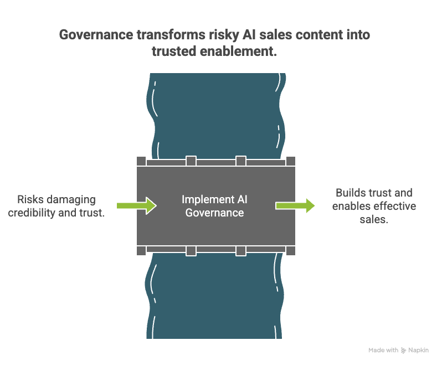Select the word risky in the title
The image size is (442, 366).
click(224, 35)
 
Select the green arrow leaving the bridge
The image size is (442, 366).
click(296, 206)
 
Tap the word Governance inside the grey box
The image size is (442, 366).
click(214, 213)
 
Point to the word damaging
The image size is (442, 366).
click(71, 199)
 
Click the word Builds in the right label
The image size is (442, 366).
click(350, 193)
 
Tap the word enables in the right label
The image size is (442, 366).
click(351, 207)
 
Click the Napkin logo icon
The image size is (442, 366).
click(403, 350)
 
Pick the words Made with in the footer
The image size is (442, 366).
click(383, 350)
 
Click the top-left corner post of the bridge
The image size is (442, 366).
click(141, 161)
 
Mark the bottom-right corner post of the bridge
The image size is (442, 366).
click(290, 251)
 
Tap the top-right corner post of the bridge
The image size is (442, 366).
click(290, 161)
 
